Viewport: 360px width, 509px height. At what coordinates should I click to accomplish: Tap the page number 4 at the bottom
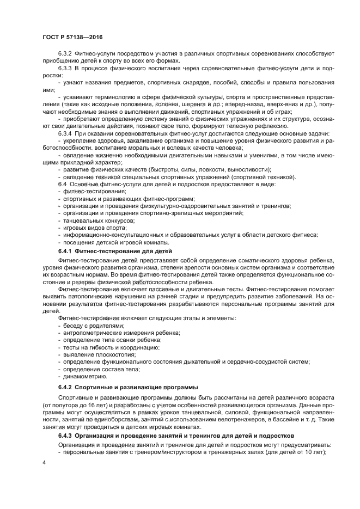44,462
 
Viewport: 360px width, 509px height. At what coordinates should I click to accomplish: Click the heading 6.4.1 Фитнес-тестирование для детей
115,252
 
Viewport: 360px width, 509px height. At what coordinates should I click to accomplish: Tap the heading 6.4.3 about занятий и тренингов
176,436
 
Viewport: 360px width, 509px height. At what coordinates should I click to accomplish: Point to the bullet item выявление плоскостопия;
94,354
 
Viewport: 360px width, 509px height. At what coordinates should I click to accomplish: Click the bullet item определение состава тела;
97,369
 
